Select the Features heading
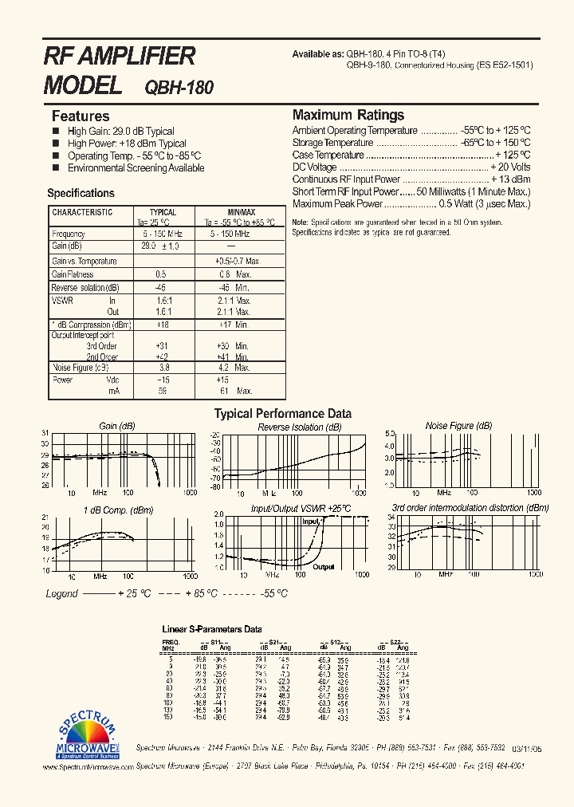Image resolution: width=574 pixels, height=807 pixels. pos(81,116)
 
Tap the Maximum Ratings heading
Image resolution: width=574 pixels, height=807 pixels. pos(348,115)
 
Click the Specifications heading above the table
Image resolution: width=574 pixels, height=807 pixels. pos(81,193)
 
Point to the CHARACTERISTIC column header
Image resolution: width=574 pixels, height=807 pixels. pos(82,212)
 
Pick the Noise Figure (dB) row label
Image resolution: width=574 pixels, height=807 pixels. pos(80,368)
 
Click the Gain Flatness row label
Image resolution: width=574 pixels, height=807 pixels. pos(73,274)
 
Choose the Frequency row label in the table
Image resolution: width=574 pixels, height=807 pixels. pos(69,234)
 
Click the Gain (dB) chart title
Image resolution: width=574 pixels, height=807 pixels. pos(117,426)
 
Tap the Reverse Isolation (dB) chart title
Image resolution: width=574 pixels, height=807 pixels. pos(300,427)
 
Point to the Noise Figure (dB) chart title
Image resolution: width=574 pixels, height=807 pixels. pos(459,426)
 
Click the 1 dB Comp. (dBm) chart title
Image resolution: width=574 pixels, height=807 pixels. pos(118,510)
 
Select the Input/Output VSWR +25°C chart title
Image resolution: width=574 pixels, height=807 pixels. pos(301,508)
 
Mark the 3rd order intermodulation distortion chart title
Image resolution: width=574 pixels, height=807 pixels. pos(470,507)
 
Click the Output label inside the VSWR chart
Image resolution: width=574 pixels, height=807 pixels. pos(323,567)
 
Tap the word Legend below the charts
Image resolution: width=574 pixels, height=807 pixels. pos(61,593)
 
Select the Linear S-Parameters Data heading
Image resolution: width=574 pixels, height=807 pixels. pos(212,628)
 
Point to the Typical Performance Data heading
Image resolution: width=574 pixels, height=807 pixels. pos(282,413)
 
